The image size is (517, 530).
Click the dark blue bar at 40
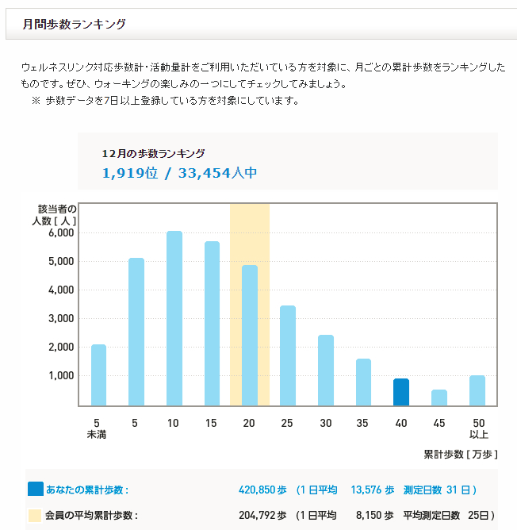401,392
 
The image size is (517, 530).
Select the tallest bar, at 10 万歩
174,318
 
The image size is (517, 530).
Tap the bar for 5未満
98,374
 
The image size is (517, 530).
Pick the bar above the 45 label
439,397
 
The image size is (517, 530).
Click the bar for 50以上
477,390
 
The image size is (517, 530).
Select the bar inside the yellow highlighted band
250,335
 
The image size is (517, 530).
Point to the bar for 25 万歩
288,355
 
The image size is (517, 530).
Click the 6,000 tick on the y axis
60,233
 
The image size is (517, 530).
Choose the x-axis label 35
363,423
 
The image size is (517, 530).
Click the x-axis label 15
212,423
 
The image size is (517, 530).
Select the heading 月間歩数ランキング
74,25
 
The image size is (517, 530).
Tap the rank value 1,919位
130,173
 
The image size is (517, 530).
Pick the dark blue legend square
35,490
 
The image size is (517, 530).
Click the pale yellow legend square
35,515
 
